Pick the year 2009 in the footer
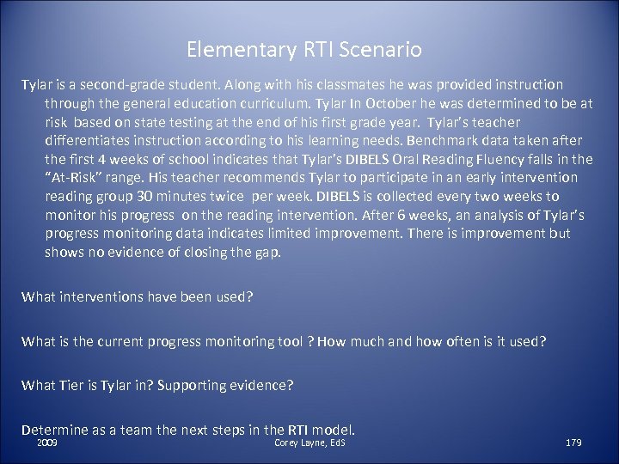(x=49, y=443)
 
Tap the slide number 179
(x=573, y=443)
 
